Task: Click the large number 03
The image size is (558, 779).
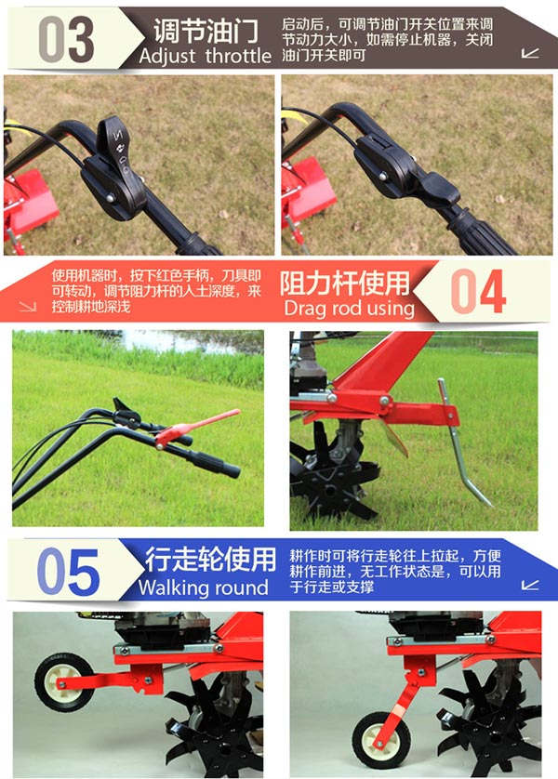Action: click(x=66, y=39)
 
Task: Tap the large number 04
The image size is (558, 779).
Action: click(x=478, y=292)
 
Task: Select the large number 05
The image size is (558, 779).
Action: click(x=68, y=572)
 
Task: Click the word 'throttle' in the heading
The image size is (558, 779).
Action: click(x=238, y=55)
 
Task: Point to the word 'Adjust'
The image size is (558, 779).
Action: click(x=167, y=56)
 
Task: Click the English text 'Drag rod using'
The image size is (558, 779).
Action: click(x=350, y=308)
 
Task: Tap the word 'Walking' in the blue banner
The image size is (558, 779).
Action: click(x=169, y=588)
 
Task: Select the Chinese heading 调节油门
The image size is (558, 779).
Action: click(x=206, y=31)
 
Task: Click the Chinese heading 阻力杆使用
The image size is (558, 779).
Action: click(x=344, y=284)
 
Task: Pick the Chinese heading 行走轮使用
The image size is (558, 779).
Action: click(x=210, y=560)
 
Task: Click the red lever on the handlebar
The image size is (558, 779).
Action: click(x=197, y=427)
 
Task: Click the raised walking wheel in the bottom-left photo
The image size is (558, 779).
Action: click(x=62, y=681)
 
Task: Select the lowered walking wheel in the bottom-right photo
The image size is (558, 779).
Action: click(x=381, y=739)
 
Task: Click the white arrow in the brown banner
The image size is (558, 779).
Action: click(x=530, y=53)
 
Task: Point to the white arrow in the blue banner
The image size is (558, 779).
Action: click(x=530, y=585)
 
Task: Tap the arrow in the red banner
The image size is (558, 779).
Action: click(x=28, y=306)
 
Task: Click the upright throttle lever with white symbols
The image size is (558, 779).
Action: click(x=114, y=145)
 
